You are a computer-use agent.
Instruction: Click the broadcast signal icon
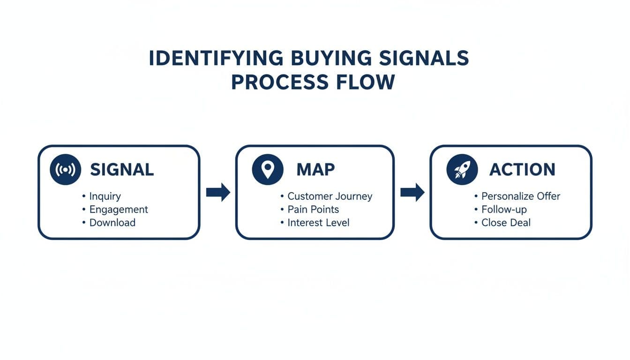pos(65,170)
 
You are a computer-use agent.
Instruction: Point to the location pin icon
pos(267,170)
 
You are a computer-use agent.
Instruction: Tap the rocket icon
pos(462,170)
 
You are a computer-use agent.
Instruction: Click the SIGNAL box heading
pos(122,170)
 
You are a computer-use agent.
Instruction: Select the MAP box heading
pos(315,170)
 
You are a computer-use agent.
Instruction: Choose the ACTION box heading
pos(522,170)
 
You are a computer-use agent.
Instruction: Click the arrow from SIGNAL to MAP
pos(218,192)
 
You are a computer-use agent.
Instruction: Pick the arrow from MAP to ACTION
pos(412,192)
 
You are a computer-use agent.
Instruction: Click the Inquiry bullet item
pos(105,196)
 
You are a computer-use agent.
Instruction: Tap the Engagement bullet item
pos(118,210)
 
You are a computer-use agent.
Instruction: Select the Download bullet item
pos(112,223)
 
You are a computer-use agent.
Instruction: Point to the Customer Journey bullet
pos(330,196)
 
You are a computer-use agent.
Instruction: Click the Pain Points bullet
pos(313,210)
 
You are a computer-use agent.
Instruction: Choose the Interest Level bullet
pos(318,223)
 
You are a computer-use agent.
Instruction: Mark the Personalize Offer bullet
pos(520,196)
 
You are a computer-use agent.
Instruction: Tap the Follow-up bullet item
pos(503,210)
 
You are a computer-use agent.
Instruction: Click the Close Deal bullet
pos(506,223)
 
